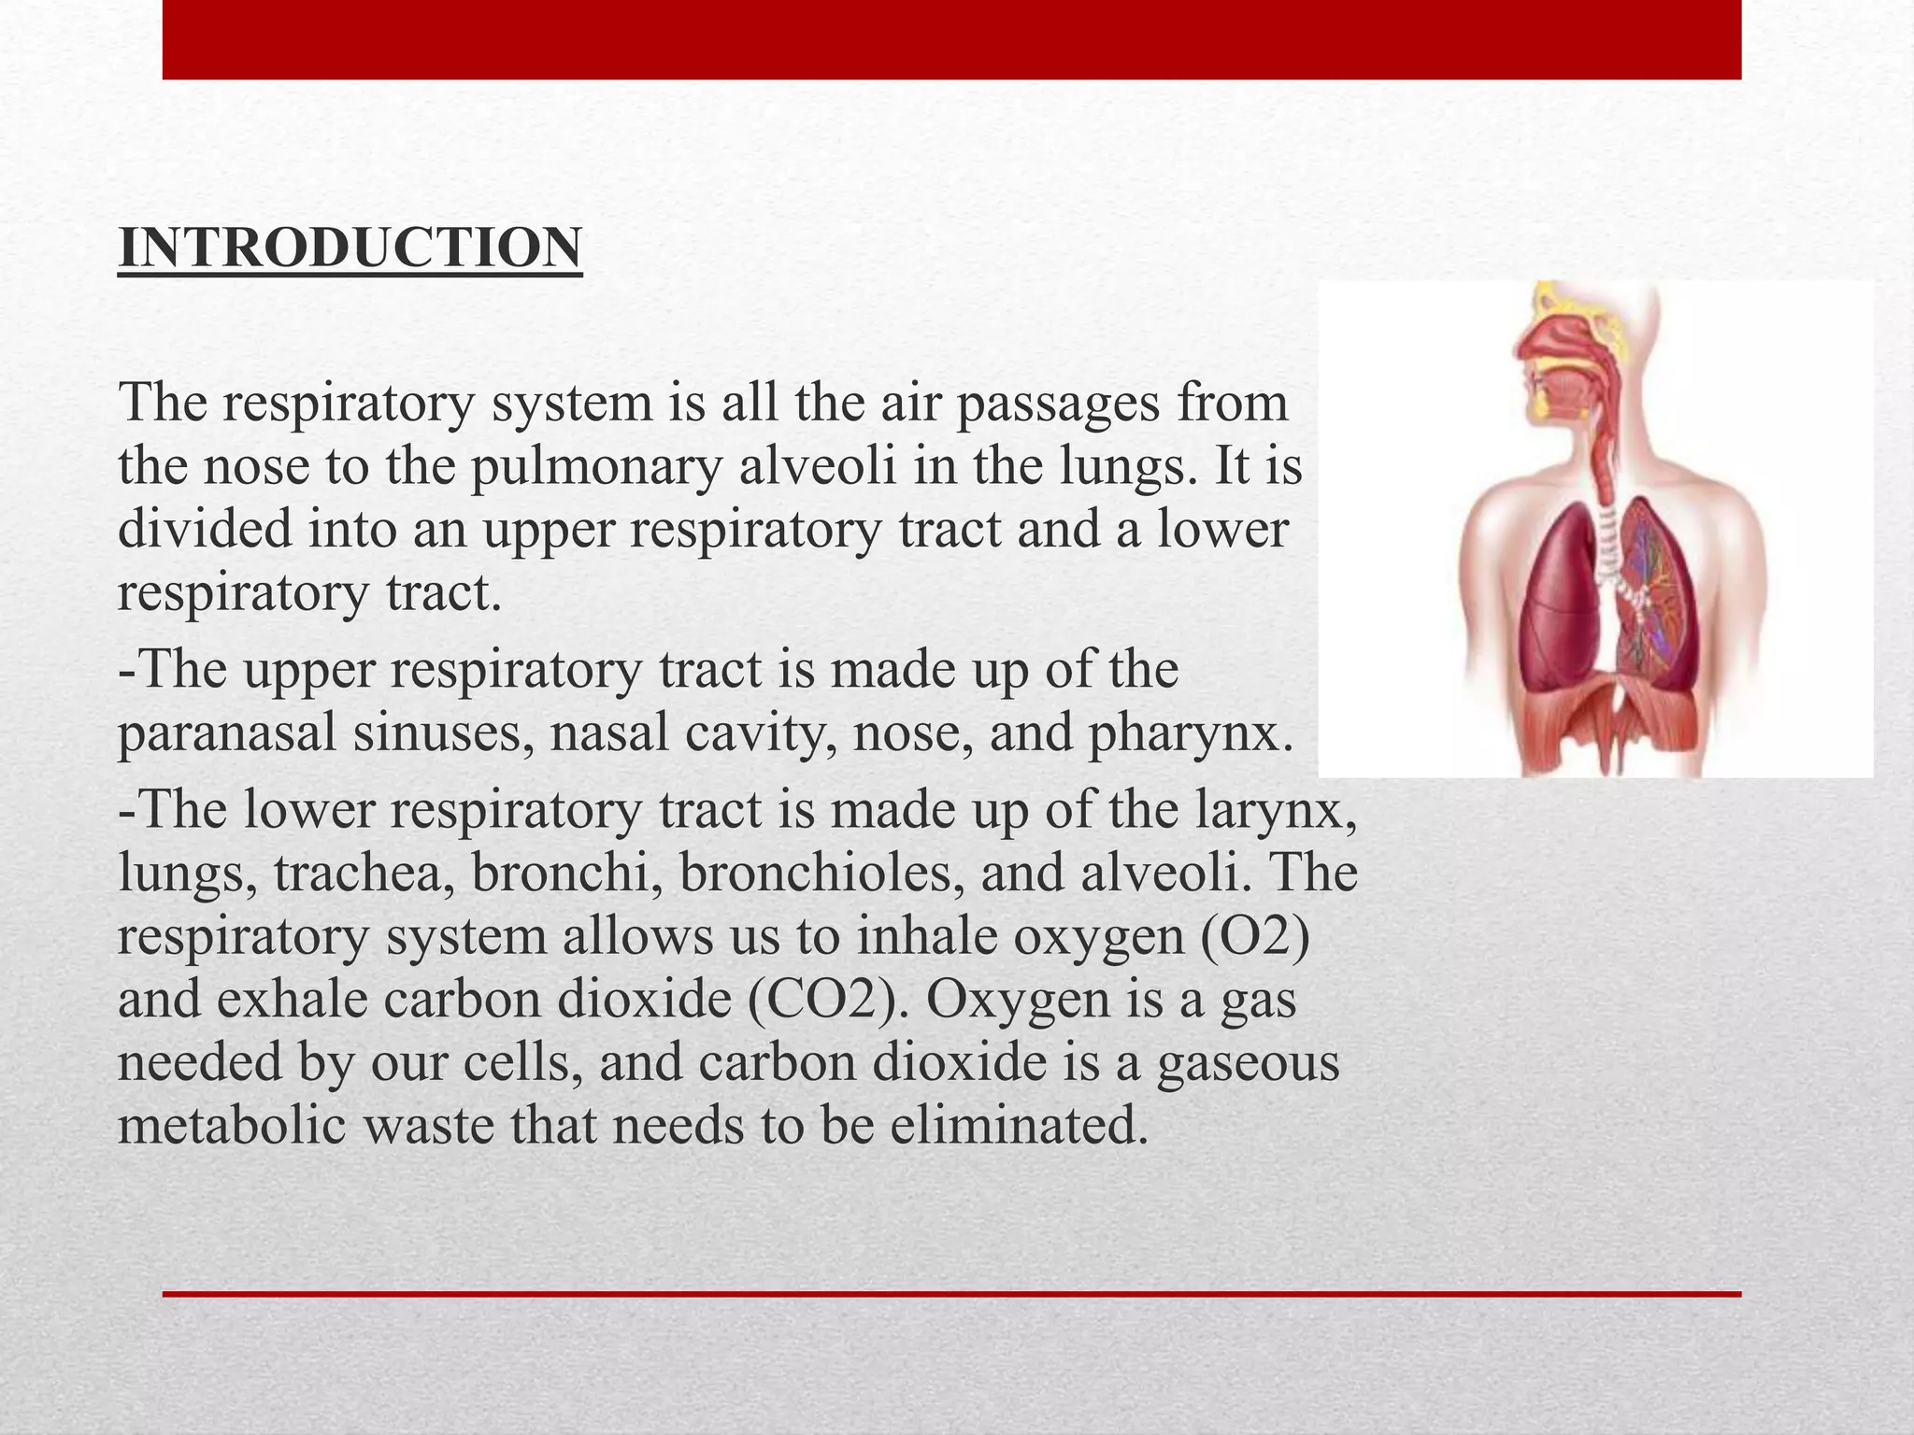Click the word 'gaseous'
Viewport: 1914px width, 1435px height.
(1248, 1062)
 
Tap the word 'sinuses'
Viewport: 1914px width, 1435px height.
(443, 733)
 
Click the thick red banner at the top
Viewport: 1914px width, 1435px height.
(951, 39)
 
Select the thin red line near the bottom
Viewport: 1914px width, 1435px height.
(951, 1294)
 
